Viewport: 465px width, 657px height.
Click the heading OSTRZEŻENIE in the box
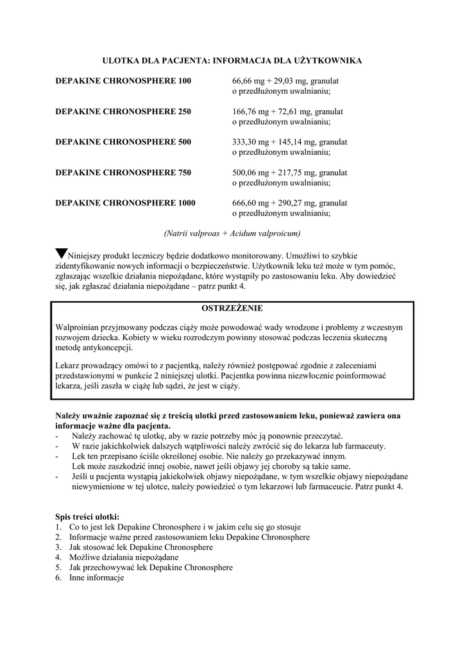pos(232,309)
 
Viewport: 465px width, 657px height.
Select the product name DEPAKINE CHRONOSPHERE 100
pos(123,81)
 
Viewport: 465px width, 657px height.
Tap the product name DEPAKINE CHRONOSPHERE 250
pos(123,112)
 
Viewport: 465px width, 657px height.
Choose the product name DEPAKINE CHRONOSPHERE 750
pos(123,173)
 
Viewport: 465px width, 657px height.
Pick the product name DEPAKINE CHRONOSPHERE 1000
pos(126,203)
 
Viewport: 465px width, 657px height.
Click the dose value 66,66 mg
pos(248,81)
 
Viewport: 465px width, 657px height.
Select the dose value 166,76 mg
pos(249,112)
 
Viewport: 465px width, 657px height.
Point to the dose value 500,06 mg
pos(249,173)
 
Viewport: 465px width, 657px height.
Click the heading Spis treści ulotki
pos(87,516)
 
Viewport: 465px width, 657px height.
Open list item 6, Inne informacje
pos(96,578)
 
